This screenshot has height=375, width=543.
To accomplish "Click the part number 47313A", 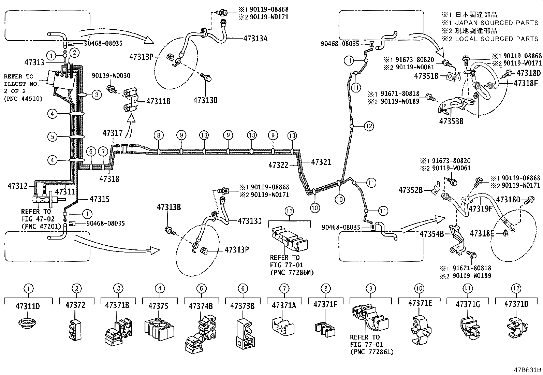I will click(x=255, y=38).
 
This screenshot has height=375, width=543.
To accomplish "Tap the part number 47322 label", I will click(x=278, y=165).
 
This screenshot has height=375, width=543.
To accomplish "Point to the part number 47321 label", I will click(x=321, y=162).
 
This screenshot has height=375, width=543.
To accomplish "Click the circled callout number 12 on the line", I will click(x=369, y=126).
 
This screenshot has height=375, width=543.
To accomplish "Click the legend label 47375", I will click(x=158, y=306).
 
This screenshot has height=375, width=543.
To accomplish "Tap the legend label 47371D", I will click(x=516, y=304).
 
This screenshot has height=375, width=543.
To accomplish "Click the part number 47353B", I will click(x=451, y=121).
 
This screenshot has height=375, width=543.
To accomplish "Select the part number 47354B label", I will click(x=431, y=234).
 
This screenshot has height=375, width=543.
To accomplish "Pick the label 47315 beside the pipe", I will click(x=100, y=199).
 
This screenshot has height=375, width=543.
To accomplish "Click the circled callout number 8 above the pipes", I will click(x=158, y=135).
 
